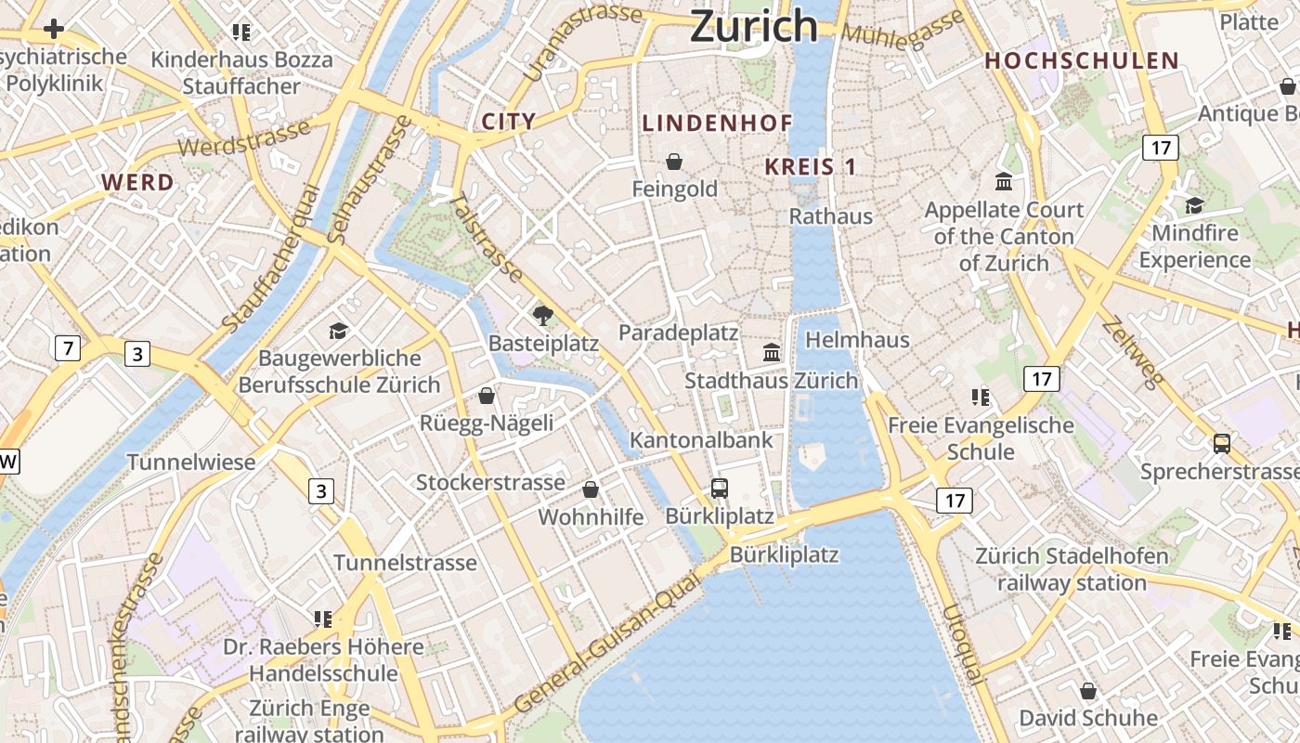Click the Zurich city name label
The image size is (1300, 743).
tap(753, 26)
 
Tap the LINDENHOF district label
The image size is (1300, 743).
tap(718, 123)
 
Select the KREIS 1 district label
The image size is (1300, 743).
tap(810, 167)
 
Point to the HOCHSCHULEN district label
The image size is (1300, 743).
tap(1082, 61)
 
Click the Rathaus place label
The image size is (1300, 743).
tap(831, 216)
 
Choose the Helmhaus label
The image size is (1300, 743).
tap(857, 340)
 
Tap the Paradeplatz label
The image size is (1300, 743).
tap(679, 332)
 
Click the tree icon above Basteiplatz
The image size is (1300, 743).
tap(543, 316)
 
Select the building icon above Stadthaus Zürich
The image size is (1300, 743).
tap(772, 352)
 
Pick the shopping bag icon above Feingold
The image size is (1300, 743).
tap(674, 162)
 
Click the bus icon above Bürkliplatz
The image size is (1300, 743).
tap(719, 488)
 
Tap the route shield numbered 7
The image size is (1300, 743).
tap(67, 349)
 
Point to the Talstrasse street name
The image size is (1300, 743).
tap(487, 237)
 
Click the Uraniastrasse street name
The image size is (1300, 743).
tap(582, 42)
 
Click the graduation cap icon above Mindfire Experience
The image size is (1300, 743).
tap(1194, 204)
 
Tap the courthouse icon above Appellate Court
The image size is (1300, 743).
tap(1004, 181)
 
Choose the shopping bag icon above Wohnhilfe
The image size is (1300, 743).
tap(591, 489)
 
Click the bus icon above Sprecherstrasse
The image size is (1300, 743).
tap(1222, 444)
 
